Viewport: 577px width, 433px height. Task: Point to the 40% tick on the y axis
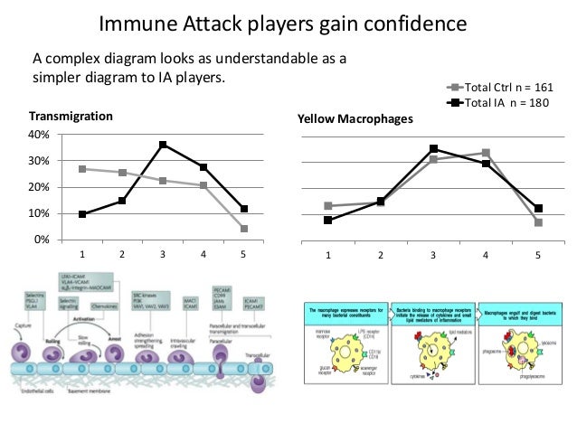coord(38,135)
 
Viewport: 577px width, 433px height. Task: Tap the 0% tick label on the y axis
coord(41,240)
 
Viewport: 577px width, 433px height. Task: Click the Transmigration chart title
coord(71,117)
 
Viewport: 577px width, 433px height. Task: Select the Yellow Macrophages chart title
coord(355,118)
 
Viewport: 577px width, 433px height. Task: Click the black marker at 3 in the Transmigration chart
coord(163,145)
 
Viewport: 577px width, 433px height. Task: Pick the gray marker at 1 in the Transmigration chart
coord(83,169)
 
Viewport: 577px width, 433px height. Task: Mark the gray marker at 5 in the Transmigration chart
coord(243,229)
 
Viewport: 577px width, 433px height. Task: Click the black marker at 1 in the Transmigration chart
coord(83,214)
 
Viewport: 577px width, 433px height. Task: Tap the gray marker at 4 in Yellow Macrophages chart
coord(486,153)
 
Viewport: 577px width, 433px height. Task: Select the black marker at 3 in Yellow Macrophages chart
coord(433,148)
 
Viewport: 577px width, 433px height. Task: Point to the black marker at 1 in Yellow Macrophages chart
coord(328,221)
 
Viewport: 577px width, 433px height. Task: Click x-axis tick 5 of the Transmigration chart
coord(243,255)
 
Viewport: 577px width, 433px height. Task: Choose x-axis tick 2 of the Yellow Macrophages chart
coord(381,256)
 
